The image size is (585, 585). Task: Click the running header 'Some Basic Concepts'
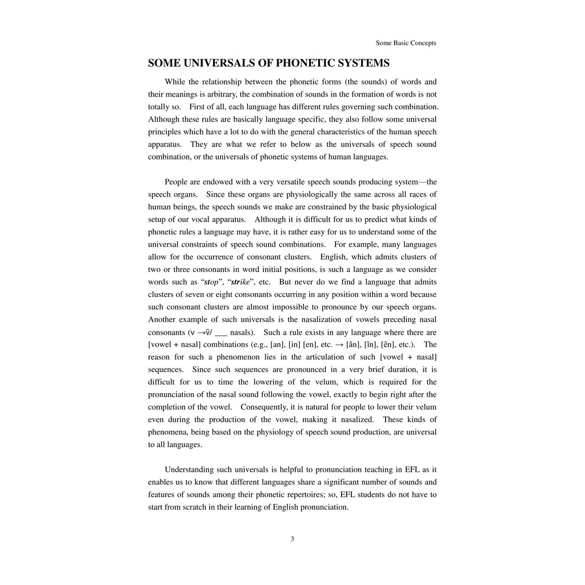[x=406, y=43]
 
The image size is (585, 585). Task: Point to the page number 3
[x=292, y=539]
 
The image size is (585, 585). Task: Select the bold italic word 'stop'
[x=211, y=282]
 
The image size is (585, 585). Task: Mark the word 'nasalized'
[x=358, y=420]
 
